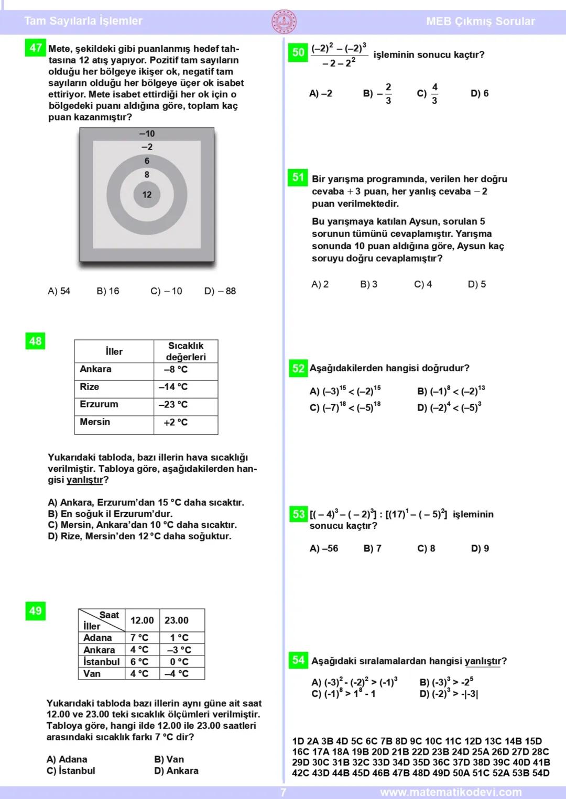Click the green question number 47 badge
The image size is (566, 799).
point(36,48)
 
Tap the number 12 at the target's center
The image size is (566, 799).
point(147,195)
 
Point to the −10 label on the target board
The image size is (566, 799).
point(147,134)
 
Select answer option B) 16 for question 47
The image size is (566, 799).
point(108,291)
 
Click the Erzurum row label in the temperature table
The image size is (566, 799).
point(99,404)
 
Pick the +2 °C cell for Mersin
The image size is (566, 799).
point(176,422)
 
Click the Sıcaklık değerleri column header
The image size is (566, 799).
point(186,351)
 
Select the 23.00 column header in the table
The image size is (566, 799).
point(177,620)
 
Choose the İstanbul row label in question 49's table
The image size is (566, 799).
point(101,662)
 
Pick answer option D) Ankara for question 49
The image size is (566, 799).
point(177,771)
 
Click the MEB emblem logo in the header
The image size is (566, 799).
point(284,21)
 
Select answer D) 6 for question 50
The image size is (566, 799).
point(480,93)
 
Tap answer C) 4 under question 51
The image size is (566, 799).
point(423,284)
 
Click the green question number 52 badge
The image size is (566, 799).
point(298,368)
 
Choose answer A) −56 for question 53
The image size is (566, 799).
point(324,548)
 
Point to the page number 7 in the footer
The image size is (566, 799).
point(284,792)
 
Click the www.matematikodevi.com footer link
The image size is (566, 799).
point(451,792)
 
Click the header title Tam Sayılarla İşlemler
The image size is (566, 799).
point(83,21)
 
